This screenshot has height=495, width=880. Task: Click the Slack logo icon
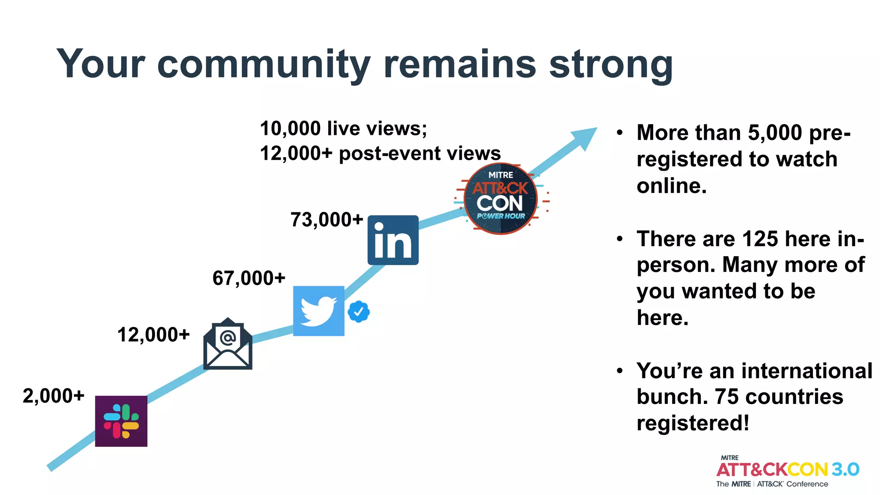tap(121, 421)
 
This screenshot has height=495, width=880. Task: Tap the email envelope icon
tap(228, 344)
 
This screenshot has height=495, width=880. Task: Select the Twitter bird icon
tap(318, 311)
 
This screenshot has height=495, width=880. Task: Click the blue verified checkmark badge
tap(359, 312)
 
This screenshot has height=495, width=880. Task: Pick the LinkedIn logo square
tap(393, 240)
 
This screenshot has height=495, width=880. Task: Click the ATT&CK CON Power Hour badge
tap(501, 199)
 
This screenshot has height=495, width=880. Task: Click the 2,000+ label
tap(53, 396)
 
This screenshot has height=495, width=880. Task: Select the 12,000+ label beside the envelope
tap(153, 334)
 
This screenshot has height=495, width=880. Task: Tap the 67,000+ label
tap(249, 278)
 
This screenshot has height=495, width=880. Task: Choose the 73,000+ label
tap(327, 220)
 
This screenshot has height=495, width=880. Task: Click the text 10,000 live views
tap(343, 128)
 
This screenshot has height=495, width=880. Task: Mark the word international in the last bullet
tap(807, 370)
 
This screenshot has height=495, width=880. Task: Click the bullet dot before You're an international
tap(619, 370)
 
